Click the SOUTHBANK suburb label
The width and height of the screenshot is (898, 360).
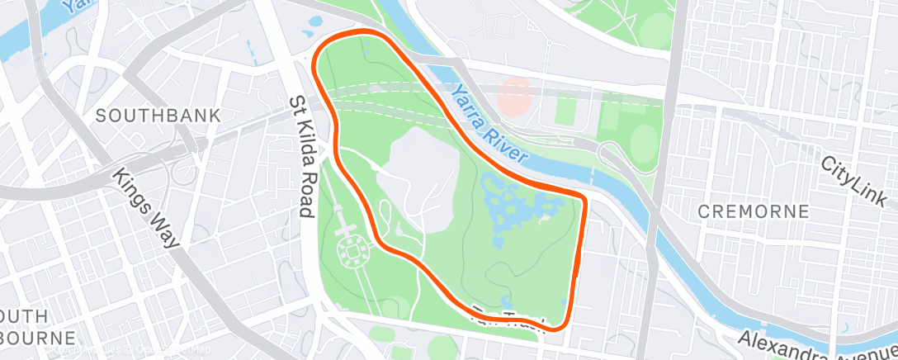[x=158, y=116]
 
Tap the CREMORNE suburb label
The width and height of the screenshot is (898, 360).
[x=753, y=211]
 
